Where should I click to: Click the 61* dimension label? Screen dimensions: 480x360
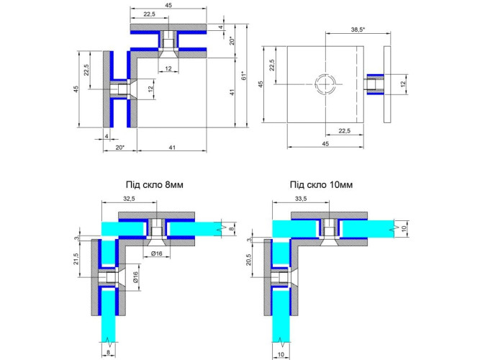pos(244,76)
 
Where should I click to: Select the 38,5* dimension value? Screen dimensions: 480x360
pos(358,30)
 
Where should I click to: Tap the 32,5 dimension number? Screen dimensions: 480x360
pos(130,199)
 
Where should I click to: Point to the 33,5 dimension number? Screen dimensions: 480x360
pos(301,199)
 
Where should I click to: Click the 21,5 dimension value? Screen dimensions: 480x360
pos(76,259)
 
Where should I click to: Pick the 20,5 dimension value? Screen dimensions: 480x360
pos(248,259)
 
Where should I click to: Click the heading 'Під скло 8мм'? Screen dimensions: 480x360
pos(155,185)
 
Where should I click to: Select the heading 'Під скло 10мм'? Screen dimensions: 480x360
pos(322,185)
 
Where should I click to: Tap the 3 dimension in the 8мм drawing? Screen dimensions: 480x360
pos(76,238)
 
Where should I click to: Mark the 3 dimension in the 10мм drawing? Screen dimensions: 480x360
pos(249,240)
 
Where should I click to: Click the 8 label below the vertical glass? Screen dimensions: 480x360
pos(109,353)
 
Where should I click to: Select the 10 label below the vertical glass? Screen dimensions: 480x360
pos(281,354)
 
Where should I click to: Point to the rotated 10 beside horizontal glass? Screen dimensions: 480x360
pos(404,228)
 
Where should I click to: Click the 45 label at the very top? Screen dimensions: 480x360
pos(168,5)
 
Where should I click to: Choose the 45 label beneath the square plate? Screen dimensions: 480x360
pos(325,144)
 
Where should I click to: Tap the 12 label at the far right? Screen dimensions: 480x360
pos(403,84)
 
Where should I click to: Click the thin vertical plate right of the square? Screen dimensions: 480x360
pos(387,84)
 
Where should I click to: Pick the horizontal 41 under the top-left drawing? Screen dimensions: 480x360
pos(172,148)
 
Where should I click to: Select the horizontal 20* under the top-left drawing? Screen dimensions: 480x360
pos(120,148)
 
